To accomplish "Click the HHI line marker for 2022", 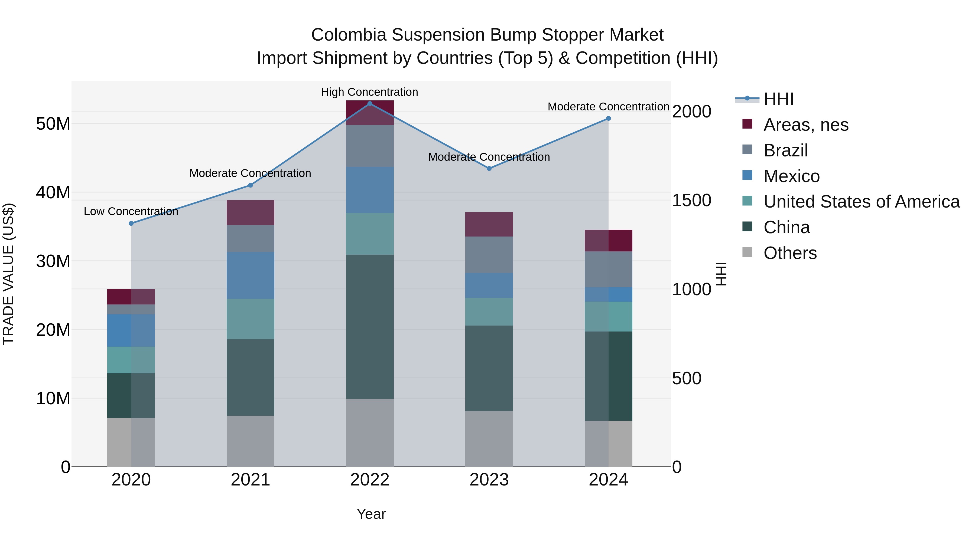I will tap(370, 104).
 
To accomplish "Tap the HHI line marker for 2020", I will tap(131, 224).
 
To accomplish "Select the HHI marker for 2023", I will tap(489, 169).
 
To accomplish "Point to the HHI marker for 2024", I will tap(609, 118).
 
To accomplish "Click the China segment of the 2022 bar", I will tap(370, 326).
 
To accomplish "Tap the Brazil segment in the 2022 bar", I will tap(370, 146).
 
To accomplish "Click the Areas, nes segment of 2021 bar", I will tap(250, 212).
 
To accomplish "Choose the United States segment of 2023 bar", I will tap(489, 312).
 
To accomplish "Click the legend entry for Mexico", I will tap(791, 176).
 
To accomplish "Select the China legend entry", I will tap(786, 227).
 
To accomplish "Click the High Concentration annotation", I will tap(369, 92).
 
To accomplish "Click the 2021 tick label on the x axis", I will tap(250, 480).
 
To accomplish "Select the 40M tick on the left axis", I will tap(53, 192).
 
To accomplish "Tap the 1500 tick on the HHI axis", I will tap(691, 201).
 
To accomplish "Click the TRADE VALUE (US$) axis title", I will tap(8, 274).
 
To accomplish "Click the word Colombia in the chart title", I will tap(349, 35).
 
